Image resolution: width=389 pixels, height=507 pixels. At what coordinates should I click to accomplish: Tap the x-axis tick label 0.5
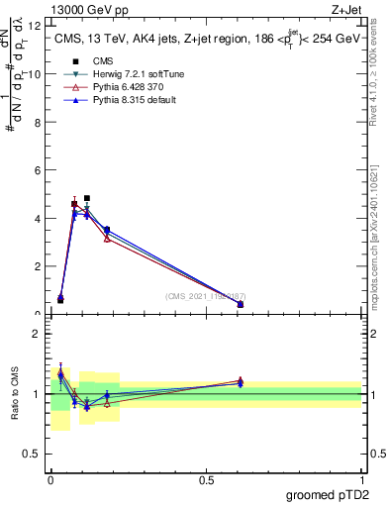(x=206, y=479)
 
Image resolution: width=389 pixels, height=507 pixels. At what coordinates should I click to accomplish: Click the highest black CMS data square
(x=87, y=198)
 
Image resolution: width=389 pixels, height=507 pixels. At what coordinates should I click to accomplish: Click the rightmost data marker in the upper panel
(x=241, y=304)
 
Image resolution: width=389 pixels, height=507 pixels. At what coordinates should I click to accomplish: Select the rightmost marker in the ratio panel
(x=241, y=381)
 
